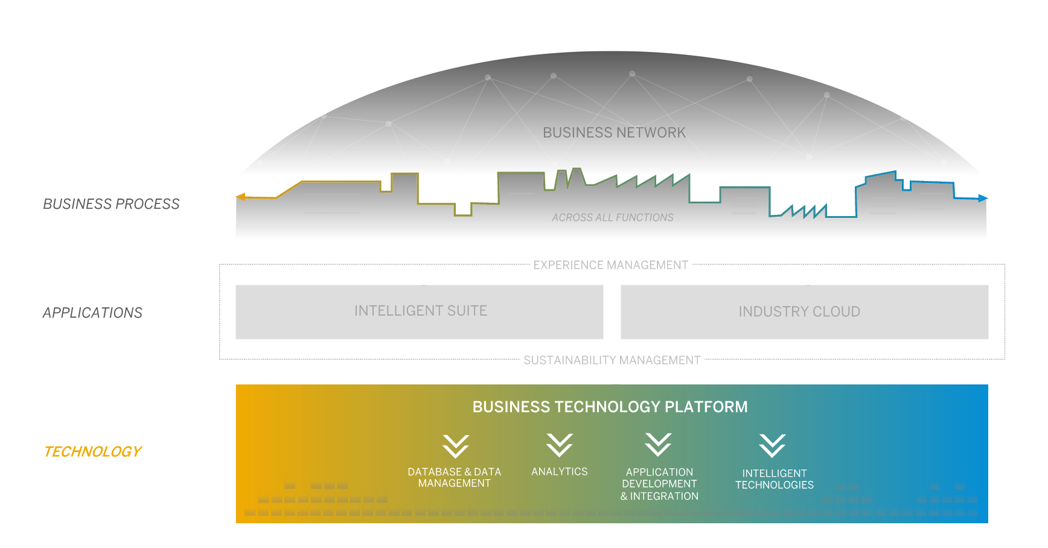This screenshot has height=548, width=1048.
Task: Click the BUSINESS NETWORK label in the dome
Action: [614, 133]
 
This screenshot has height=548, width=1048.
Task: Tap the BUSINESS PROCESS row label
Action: [111, 204]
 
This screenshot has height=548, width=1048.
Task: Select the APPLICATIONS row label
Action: [92, 313]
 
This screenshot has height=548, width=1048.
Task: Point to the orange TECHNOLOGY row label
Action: [92, 451]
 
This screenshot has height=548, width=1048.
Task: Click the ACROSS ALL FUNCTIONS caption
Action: [612, 217]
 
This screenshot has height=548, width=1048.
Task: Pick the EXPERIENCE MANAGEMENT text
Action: [610, 265]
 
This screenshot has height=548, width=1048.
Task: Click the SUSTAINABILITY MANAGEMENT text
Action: [612, 360]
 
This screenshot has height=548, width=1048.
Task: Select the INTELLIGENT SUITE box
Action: [420, 311]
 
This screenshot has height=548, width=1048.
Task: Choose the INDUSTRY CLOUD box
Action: [804, 311]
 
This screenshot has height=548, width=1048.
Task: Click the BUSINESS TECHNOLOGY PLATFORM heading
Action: [610, 407]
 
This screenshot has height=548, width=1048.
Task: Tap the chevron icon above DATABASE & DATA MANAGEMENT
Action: [455, 446]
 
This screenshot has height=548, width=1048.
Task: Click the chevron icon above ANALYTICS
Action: [560, 445]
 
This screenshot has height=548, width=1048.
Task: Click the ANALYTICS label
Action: [559, 471]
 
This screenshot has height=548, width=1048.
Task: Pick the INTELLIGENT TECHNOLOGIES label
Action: [774, 479]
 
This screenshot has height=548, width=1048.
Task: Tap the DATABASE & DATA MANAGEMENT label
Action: [454, 477]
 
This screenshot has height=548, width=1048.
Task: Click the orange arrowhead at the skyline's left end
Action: [241, 197]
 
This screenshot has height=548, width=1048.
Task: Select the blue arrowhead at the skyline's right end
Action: [983, 198]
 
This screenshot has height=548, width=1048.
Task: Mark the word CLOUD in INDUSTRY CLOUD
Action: [836, 311]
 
